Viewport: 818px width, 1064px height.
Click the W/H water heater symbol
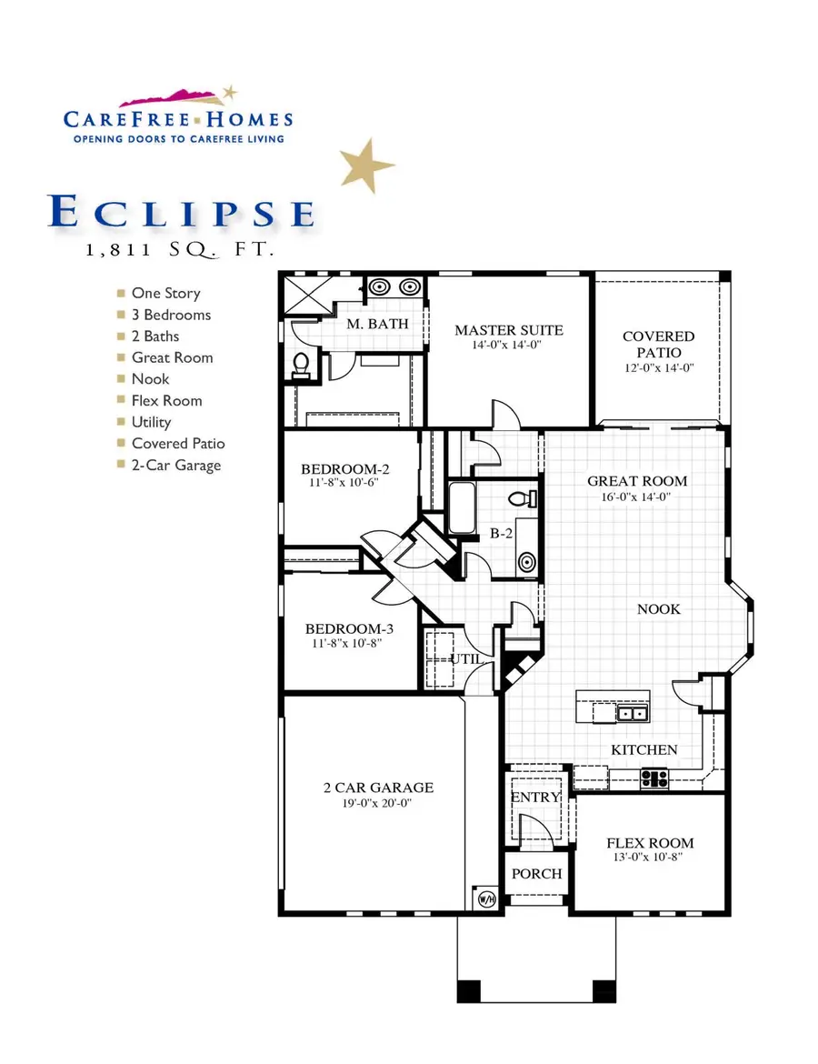(x=487, y=899)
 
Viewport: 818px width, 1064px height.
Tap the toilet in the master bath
(x=301, y=365)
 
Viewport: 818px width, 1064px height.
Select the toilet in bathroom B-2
(x=523, y=499)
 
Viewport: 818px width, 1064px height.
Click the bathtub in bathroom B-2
(x=462, y=507)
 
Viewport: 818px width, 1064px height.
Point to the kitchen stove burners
(x=653, y=778)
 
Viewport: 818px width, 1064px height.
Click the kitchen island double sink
(x=632, y=713)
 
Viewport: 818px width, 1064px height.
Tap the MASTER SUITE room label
(x=509, y=330)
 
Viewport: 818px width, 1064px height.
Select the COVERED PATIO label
(x=659, y=344)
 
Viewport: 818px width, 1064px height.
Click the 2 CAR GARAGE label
(x=378, y=788)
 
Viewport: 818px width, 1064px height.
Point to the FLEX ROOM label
(x=650, y=843)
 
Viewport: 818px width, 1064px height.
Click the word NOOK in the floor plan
(x=659, y=609)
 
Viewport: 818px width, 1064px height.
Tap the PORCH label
(x=536, y=874)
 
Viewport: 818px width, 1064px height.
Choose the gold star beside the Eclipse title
(x=366, y=165)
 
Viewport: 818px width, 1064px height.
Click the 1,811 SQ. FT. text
(x=180, y=250)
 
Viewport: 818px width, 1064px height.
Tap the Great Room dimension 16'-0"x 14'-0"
(x=636, y=497)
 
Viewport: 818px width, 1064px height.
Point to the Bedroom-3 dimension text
(x=347, y=643)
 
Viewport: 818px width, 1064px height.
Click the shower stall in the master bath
(x=309, y=295)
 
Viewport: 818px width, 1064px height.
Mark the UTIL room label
(x=466, y=658)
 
